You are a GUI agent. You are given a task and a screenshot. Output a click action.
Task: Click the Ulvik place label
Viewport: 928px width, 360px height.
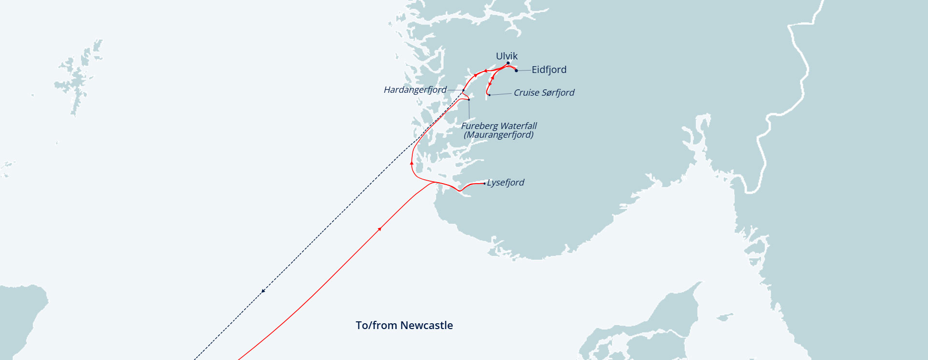(507, 56)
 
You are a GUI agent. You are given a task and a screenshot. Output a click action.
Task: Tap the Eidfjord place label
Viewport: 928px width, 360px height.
(549, 70)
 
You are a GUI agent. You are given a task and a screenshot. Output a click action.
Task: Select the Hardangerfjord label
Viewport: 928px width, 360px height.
(415, 90)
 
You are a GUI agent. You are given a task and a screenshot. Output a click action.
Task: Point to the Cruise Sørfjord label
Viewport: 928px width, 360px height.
(544, 92)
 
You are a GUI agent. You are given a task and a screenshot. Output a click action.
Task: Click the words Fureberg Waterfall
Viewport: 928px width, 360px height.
(499, 126)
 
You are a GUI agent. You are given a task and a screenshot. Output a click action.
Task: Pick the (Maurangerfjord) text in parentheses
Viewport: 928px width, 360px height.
(498, 135)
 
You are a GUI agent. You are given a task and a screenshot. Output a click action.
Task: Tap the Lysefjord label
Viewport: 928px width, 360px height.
(505, 183)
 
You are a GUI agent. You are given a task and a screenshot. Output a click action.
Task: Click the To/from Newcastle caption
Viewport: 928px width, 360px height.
(404, 325)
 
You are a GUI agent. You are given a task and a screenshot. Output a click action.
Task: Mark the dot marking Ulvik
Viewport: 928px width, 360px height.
(508, 63)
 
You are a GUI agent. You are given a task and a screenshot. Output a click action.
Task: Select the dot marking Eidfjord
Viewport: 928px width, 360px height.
(516, 71)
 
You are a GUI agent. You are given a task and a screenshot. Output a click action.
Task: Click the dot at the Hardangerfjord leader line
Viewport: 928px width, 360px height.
(463, 90)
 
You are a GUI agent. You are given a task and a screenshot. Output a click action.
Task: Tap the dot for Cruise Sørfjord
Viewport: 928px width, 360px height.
(489, 95)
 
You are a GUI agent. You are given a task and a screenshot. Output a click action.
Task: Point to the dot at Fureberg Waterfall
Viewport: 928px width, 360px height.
(469, 100)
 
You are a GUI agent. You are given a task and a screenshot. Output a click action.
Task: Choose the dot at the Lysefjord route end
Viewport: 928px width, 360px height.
(485, 184)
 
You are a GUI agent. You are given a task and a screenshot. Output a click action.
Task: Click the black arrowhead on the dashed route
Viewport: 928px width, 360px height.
(263, 291)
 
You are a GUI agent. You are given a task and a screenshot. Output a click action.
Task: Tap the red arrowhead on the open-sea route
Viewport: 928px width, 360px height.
(380, 229)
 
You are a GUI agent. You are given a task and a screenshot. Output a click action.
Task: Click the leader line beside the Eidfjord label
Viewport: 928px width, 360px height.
(524, 70)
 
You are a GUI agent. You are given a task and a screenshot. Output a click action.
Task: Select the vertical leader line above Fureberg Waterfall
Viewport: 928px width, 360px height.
(469, 110)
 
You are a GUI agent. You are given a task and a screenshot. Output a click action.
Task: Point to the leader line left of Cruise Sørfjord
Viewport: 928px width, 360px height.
(501, 94)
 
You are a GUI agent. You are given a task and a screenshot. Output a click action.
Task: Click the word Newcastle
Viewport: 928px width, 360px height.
(427, 325)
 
